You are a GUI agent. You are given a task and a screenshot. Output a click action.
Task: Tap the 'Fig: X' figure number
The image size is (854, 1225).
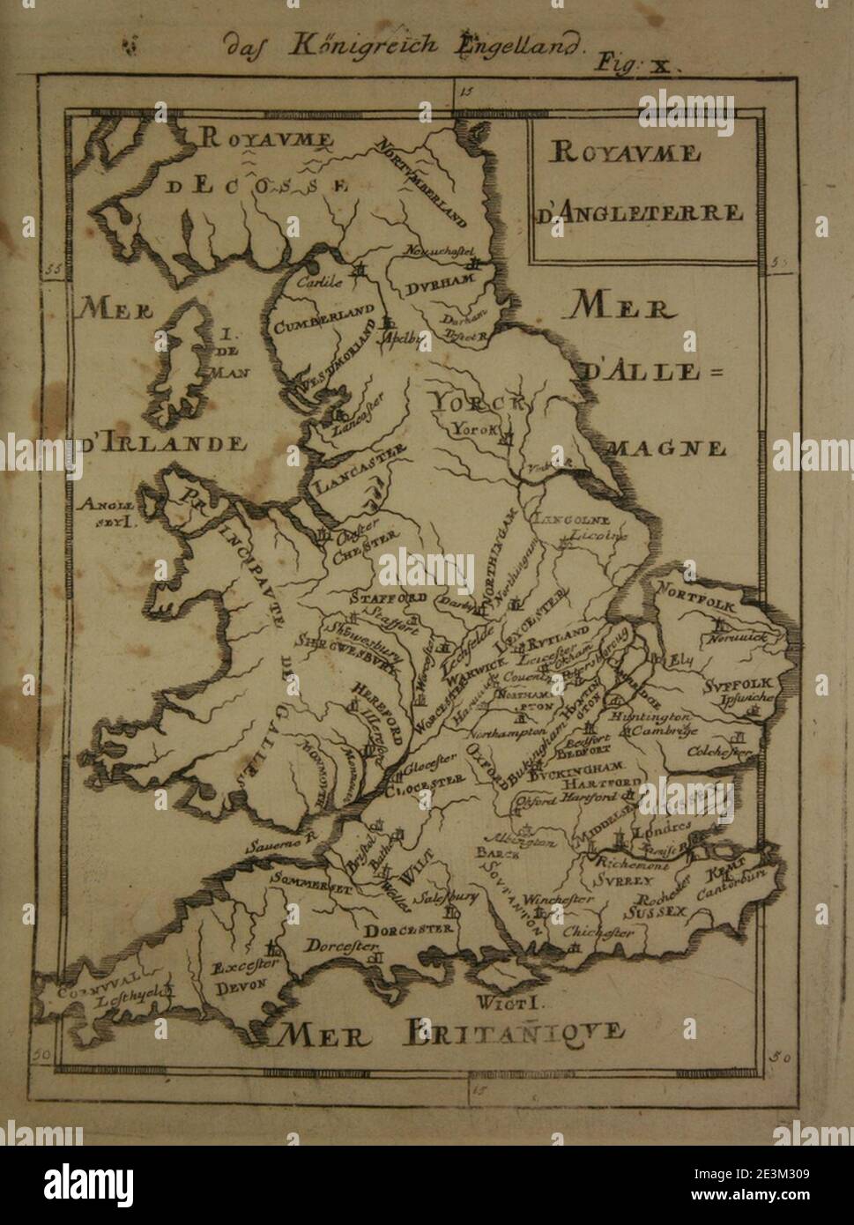[635, 63]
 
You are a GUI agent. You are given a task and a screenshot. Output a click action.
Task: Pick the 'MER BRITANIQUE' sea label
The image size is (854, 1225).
[449, 1031]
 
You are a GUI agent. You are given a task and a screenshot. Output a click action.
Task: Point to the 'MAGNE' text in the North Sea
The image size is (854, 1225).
[679, 448]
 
